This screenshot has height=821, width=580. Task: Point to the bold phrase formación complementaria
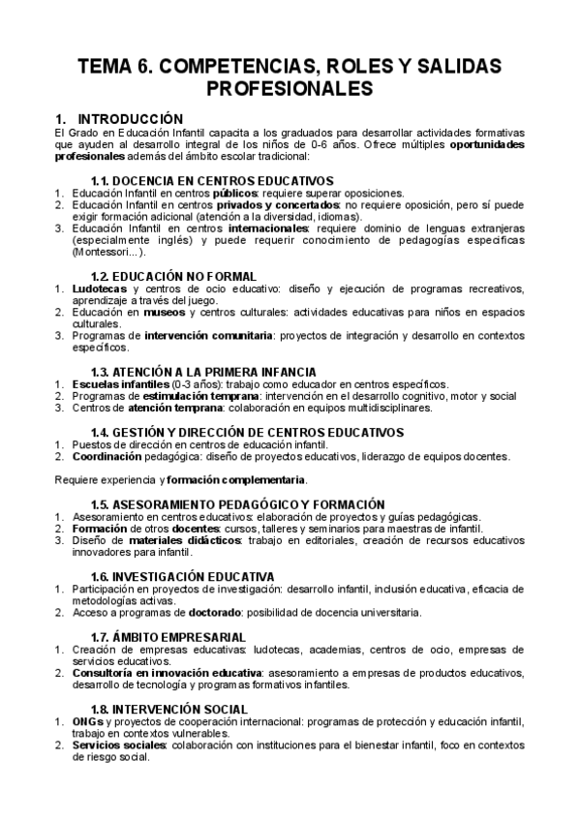pos(236,479)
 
